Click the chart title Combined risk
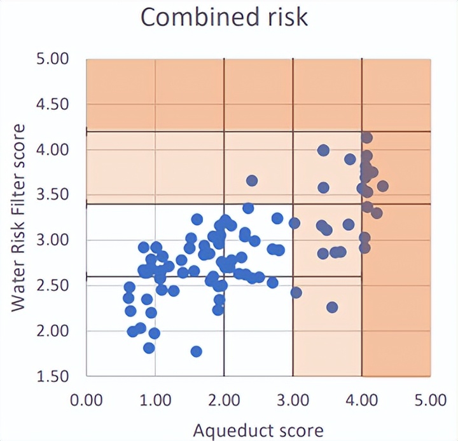[x=224, y=17]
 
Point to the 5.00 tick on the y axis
[x=53, y=59]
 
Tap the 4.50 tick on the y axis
[x=53, y=104]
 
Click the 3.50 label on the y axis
[x=53, y=195]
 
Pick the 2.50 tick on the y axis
[x=53, y=285]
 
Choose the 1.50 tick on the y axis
[x=53, y=376]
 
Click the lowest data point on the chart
[x=196, y=351]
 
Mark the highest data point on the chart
[x=366, y=137]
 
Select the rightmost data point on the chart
[x=382, y=186]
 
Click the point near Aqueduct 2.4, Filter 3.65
[x=252, y=180]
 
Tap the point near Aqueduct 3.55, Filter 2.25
[x=331, y=308]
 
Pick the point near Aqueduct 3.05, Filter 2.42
[x=296, y=292]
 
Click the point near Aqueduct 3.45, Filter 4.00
[x=323, y=150]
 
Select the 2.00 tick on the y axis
[x=53, y=331]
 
